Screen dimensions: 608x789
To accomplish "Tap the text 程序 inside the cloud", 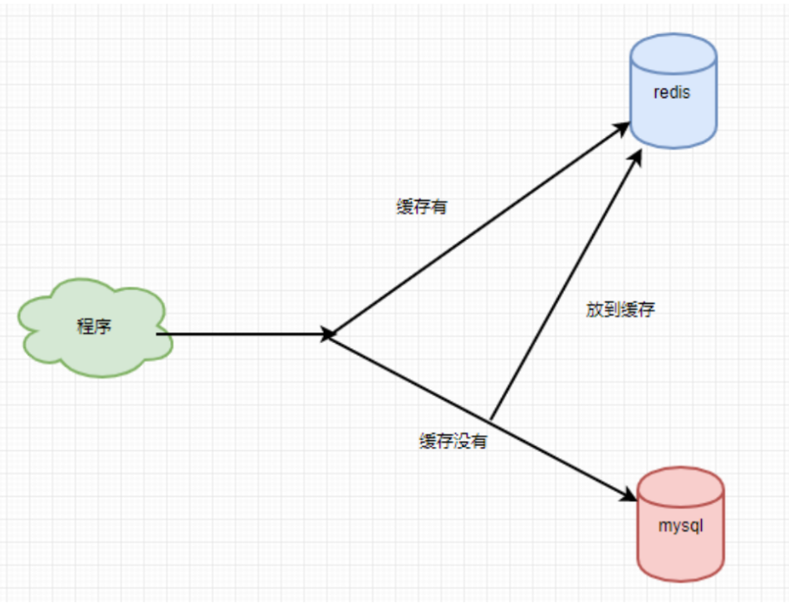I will click(94, 326).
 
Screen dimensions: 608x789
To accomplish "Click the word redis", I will click(672, 92).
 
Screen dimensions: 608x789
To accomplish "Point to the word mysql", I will click(680, 526).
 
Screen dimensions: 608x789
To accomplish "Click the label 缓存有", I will click(422, 207).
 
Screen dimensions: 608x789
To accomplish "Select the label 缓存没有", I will click(453, 442).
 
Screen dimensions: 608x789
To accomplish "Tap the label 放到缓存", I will click(620, 311).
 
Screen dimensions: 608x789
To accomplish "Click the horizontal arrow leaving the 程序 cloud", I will click(241, 335).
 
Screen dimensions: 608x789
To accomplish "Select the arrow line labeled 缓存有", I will click(473, 233).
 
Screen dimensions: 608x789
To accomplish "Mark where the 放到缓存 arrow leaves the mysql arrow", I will click(492, 419).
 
